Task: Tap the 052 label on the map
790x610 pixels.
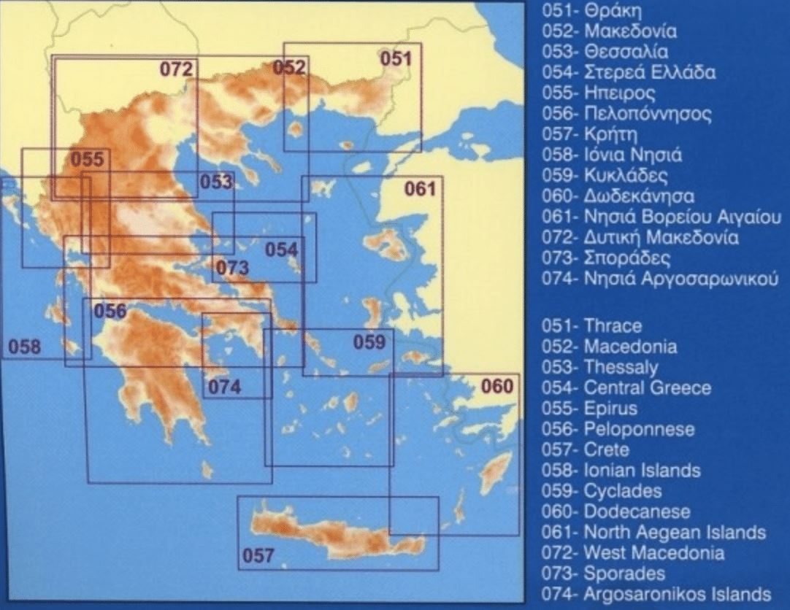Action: click(289, 69)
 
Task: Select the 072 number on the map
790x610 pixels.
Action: click(177, 69)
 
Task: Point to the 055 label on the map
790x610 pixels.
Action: click(86, 160)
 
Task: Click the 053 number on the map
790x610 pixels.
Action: click(216, 182)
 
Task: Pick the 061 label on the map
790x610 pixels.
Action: click(420, 190)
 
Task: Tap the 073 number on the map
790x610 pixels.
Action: click(233, 268)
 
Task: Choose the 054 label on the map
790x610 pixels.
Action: click(281, 250)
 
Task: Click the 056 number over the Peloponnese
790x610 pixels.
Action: click(110, 311)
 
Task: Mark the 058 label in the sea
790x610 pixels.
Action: click(24, 347)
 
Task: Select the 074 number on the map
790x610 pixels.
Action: click(224, 387)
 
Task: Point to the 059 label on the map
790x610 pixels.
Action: click(369, 341)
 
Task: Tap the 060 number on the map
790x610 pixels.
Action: click(499, 386)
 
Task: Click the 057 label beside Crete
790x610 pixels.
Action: click(258, 556)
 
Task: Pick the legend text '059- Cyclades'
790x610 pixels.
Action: click(602, 491)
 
